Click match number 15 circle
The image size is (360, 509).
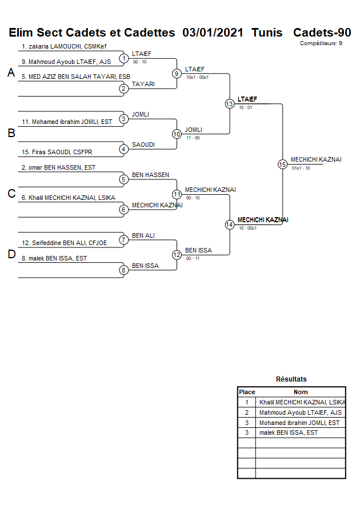click(282, 165)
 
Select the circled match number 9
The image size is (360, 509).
click(177, 73)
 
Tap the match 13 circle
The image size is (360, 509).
click(229, 104)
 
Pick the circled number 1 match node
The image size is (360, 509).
click(123, 58)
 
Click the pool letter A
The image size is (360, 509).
click(10, 73)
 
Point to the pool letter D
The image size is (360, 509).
click(11, 255)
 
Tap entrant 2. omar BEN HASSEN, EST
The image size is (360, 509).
click(58, 167)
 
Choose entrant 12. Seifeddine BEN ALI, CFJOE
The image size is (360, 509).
click(64, 243)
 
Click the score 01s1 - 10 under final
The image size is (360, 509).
click(301, 169)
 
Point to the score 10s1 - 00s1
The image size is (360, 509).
click(197, 77)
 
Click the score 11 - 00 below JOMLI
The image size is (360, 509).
click(193, 138)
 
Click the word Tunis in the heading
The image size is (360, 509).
click(267, 33)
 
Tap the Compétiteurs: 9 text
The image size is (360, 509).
click(321, 43)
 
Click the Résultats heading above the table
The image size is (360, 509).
click(291, 379)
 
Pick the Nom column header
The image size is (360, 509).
click(301, 392)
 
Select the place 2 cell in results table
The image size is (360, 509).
click(247, 412)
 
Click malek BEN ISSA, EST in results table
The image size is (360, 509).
click(288, 433)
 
